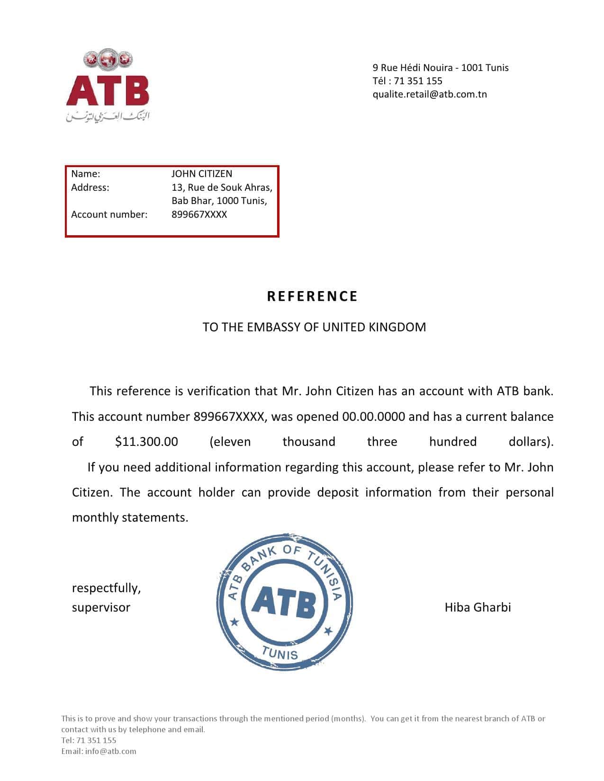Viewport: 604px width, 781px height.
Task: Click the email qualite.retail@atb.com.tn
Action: coord(429,94)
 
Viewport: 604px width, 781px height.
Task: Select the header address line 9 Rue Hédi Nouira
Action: coord(440,68)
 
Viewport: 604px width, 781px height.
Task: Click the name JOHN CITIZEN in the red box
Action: coord(201,174)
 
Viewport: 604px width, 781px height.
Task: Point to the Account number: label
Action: coord(109,214)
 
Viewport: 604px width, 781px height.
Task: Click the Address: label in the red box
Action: coord(90,187)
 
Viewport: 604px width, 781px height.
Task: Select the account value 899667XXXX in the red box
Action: coord(199,214)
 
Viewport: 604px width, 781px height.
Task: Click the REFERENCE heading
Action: coord(312,296)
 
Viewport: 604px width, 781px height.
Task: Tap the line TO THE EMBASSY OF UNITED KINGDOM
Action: coord(314,327)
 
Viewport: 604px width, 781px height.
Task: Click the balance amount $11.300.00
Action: coord(146,442)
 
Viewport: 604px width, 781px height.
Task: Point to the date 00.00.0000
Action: coord(373,417)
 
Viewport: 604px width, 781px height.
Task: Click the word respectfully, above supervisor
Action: coord(106,588)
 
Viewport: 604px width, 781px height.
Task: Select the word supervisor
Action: coord(101,607)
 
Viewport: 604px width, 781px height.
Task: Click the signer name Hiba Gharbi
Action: coord(478,607)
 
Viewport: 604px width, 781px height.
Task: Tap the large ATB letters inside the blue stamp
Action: coord(284,603)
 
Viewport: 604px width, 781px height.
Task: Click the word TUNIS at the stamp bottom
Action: coord(280,653)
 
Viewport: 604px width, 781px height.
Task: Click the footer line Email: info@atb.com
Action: coord(99,751)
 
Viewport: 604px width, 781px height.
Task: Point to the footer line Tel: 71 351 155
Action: coord(89,740)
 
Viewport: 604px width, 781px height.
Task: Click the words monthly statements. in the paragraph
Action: coord(130,517)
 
